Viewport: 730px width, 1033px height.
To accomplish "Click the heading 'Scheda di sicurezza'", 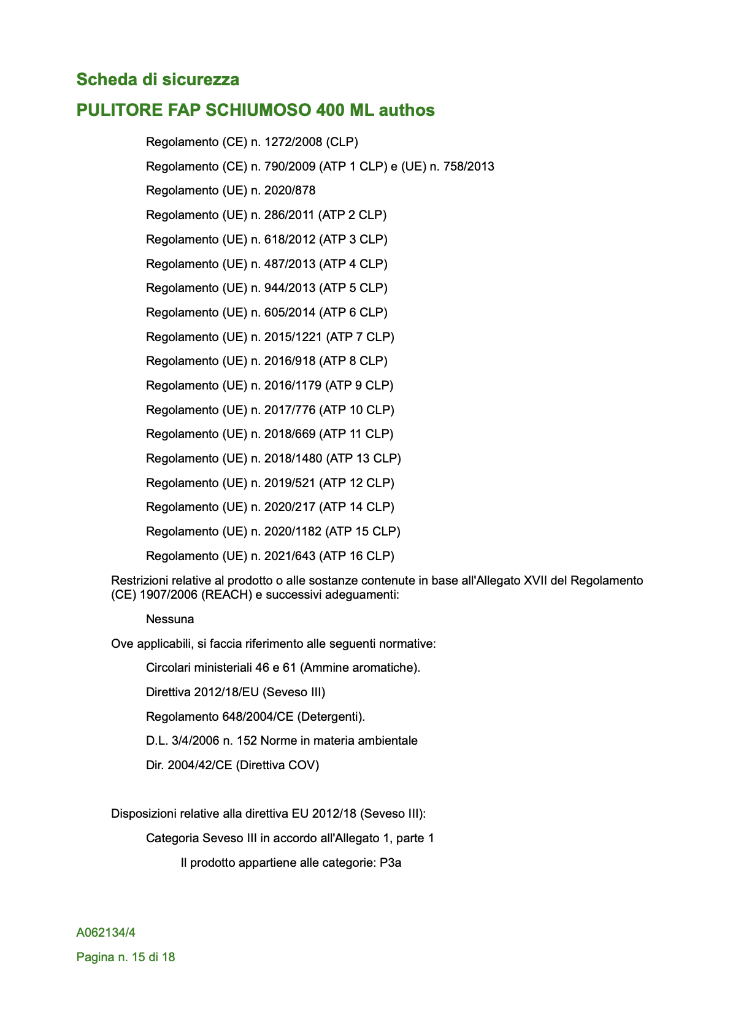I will pos(158,80).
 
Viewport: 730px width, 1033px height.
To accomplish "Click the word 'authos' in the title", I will pos(407,110).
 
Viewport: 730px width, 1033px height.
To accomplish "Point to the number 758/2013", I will pos(464,167).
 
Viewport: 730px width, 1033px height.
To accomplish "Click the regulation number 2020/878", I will pos(290,191).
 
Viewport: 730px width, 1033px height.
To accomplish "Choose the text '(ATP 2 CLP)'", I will pos(353,215).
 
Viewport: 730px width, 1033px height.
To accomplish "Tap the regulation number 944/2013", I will pos(290,288).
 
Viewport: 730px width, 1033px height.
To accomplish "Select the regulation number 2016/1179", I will pos(293,385).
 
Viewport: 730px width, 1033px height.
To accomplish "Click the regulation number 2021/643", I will pos(290,556).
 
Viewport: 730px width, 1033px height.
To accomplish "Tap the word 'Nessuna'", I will pos(170,620).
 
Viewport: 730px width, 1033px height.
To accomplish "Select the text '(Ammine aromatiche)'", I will pos(360,668).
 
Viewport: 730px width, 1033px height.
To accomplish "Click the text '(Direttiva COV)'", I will pos(278,765).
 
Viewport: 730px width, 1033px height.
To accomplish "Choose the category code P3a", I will pos(390,862).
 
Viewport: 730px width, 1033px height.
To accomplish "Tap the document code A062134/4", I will pos(106,933).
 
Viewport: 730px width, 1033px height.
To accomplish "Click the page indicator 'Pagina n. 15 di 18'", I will pos(126,958).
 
